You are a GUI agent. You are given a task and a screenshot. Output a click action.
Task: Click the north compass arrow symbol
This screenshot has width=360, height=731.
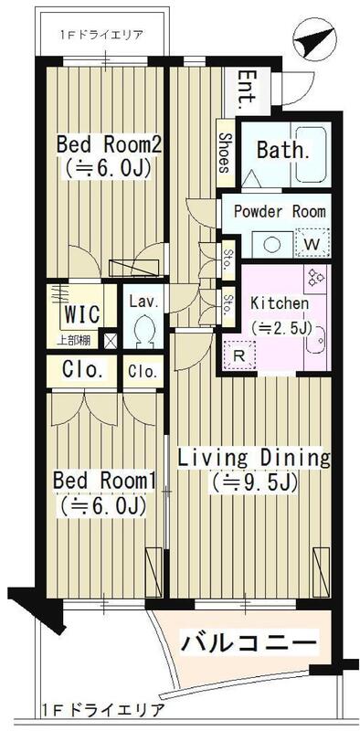tap(314, 39)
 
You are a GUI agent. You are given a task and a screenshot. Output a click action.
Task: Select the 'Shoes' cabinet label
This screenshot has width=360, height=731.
tap(226, 153)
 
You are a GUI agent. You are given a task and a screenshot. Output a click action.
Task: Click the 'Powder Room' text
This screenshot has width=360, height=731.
tap(280, 211)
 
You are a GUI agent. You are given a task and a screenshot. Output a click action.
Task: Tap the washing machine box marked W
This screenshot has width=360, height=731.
tap(312, 243)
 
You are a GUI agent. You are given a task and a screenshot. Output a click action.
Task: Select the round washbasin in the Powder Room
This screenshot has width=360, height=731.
tap(271, 244)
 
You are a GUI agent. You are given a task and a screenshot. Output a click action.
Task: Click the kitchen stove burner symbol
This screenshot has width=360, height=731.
tap(317, 278)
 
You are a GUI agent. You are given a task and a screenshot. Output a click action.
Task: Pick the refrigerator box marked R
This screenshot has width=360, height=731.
tap(239, 355)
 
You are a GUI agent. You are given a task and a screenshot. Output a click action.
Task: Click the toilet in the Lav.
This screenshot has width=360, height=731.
tap(144, 331)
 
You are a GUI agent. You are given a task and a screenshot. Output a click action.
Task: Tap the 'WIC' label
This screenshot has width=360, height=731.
tap(81, 314)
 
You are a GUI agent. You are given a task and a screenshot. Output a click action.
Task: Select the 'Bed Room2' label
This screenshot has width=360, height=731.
tap(109, 145)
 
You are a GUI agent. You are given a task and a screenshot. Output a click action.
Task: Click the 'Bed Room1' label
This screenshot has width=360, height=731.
tap(103, 481)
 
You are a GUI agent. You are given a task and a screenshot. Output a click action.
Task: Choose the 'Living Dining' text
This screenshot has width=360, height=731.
tap(254, 458)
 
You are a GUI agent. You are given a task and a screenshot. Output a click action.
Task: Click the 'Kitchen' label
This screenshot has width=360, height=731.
tap(280, 303)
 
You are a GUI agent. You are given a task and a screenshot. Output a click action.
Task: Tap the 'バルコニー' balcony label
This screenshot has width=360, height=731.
tap(249, 645)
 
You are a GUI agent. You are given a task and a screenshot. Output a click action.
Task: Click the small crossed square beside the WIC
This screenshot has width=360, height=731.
tap(110, 340)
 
